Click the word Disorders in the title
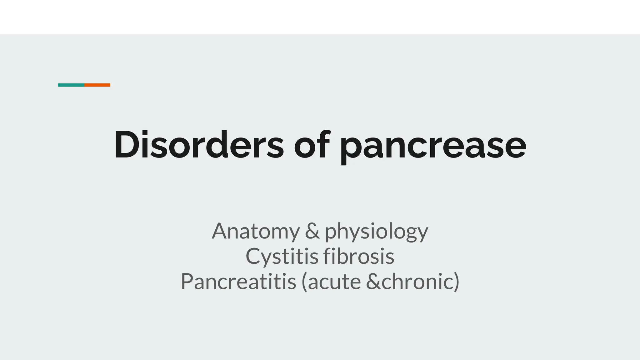pos(199,145)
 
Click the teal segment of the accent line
pos(71,85)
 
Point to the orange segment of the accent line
pos(97,85)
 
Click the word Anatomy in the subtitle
pos(256,231)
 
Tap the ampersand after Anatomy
pos(312,231)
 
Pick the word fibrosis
pos(359,257)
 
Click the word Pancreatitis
pos(238,282)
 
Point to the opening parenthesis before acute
pos(304,282)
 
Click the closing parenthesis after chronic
pos(456,282)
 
